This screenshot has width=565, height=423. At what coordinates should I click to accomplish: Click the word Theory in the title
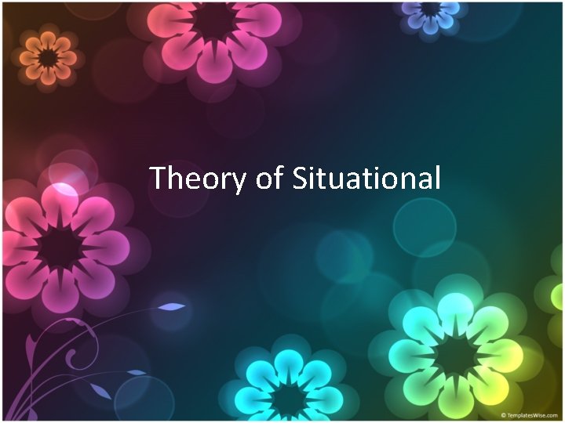(x=198, y=179)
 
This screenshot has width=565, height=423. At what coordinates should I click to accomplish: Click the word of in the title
(x=268, y=179)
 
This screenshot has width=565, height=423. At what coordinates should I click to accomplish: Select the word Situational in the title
(x=366, y=179)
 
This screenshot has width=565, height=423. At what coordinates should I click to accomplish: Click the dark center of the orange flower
(x=48, y=57)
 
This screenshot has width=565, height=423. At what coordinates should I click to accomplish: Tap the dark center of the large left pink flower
(x=61, y=248)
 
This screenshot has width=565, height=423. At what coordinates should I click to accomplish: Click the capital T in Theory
(x=157, y=178)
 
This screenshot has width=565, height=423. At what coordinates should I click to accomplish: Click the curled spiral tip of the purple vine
(x=72, y=360)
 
